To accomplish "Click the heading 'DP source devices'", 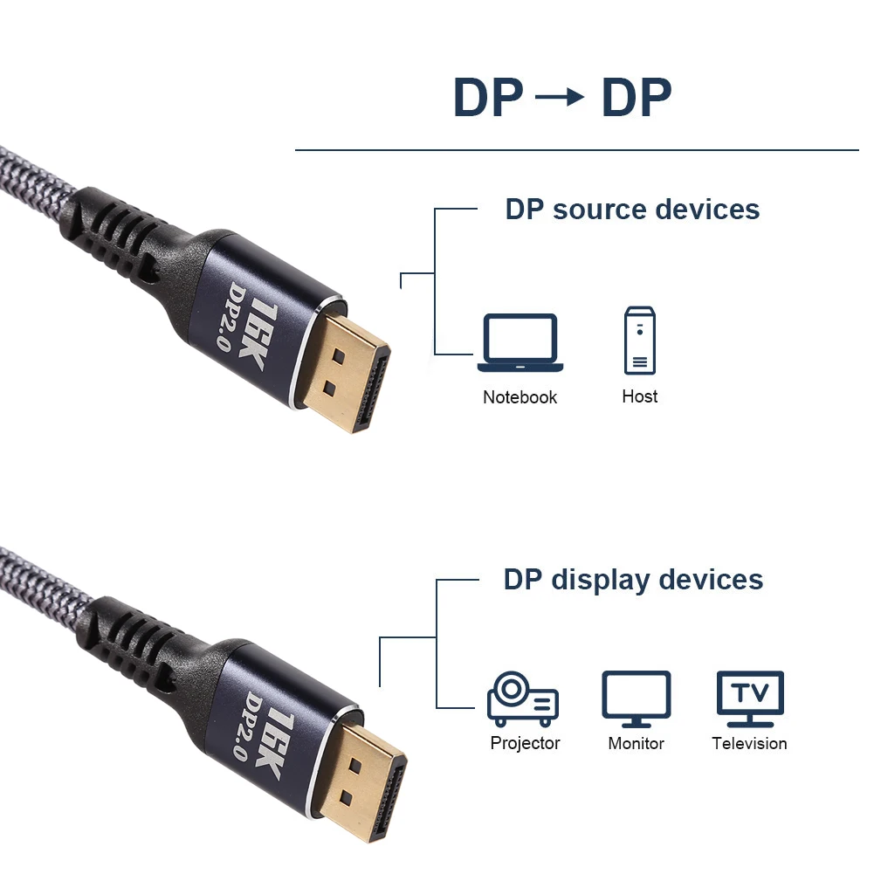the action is (632, 210).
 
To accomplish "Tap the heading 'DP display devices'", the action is (633, 580).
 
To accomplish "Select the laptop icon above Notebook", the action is (520, 343).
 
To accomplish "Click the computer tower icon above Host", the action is (639, 341).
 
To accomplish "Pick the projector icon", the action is (522, 699).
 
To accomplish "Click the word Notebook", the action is (520, 397).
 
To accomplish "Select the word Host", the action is (639, 396).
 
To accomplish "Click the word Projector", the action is (525, 743).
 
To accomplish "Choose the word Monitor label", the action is (636, 743).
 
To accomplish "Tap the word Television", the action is (749, 743).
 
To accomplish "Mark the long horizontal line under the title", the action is (576, 150).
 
